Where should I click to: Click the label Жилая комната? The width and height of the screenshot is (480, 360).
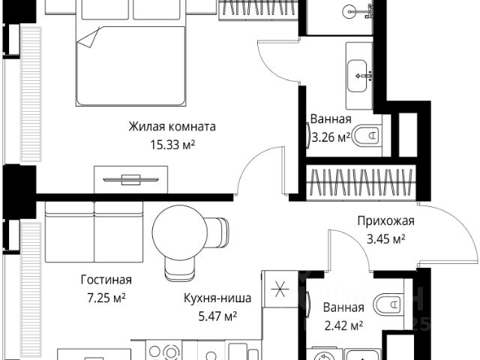click(172, 126)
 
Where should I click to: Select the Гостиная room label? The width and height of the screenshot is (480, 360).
click(106, 280)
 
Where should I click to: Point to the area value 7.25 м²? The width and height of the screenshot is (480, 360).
click(106, 297)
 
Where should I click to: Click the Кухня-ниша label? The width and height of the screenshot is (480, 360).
click(217, 298)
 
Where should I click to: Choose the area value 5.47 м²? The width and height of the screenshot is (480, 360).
click(217, 316)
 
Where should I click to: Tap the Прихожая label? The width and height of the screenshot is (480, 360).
click(385, 221)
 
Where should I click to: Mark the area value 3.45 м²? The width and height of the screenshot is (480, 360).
click(385, 238)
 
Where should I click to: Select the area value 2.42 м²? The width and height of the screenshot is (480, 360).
click(343, 325)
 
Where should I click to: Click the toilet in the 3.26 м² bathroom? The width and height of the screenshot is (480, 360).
click(367, 136)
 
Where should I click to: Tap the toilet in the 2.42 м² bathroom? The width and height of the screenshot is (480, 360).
click(391, 304)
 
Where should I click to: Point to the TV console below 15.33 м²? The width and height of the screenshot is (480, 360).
click(130, 179)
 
